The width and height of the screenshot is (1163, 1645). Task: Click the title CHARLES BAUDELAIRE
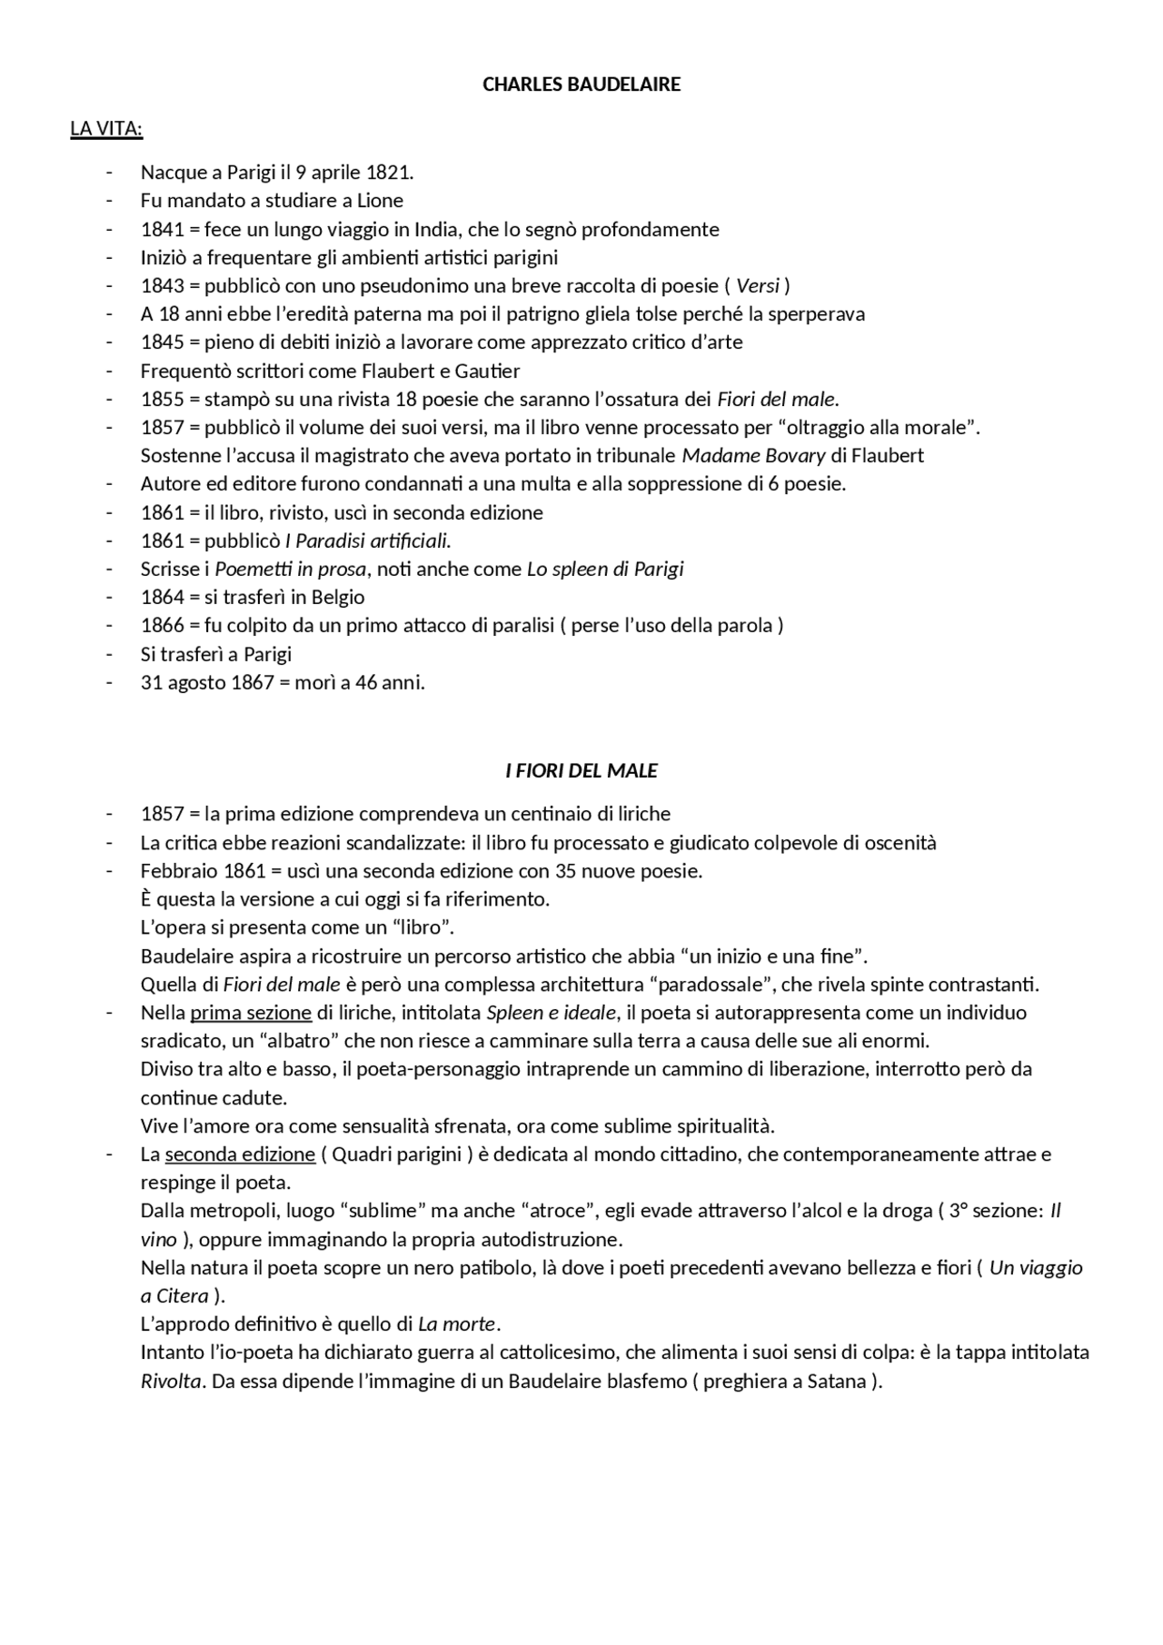(581, 84)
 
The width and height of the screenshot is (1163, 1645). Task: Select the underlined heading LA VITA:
(106, 129)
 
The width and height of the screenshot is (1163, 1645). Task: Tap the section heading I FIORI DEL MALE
(581, 771)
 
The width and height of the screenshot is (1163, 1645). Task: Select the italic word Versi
(758, 286)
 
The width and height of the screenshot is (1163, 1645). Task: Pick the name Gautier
(487, 371)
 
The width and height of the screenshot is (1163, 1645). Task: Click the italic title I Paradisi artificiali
(368, 541)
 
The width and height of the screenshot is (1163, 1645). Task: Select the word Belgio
(338, 598)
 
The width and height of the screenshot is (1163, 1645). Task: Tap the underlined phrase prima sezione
(251, 1013)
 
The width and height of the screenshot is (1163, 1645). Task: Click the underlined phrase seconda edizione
(240, 1154)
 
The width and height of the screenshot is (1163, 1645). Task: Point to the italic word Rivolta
(170, 1382)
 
